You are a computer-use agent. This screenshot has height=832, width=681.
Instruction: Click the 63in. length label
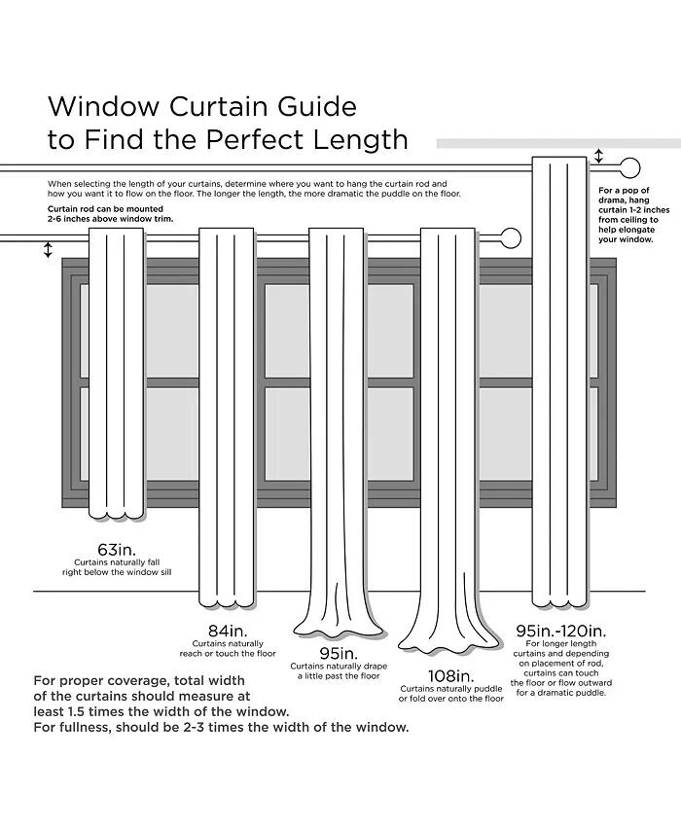116,548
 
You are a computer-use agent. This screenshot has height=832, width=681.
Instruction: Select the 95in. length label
338,652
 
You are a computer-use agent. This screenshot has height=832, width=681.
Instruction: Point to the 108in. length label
450,674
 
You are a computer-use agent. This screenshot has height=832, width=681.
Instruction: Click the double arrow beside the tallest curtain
598,156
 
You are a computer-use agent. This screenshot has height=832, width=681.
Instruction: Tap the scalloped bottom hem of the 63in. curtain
116,512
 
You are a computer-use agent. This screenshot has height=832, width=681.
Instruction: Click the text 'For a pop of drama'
624,196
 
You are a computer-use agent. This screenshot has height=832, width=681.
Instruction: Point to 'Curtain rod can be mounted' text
105,209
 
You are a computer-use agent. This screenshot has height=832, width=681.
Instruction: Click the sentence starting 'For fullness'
221,726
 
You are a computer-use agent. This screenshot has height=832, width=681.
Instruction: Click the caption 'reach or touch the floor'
227,653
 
